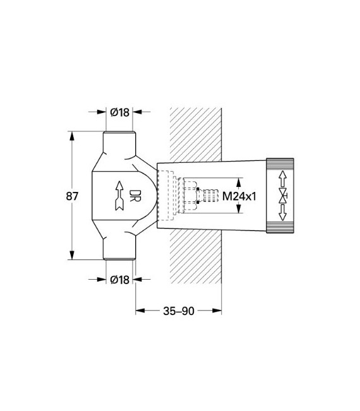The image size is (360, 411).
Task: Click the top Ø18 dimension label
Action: tap(119, 112)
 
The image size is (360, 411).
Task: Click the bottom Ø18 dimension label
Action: tap(119, 279)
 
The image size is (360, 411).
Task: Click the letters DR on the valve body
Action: tap(134, 195)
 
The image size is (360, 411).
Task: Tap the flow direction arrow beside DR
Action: tap(118, 195)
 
